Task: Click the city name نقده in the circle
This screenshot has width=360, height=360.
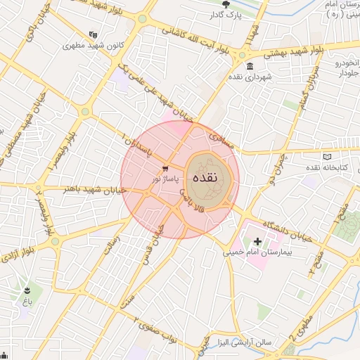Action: (x=210, y=178)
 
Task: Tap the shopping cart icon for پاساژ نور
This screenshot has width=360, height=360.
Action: (x=165, y=169)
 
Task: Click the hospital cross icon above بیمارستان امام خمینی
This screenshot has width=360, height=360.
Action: (x=257, y=241)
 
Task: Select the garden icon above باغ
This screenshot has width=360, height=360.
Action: (x=27, y=290)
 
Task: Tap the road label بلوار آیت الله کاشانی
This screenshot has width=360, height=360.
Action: (x=194, y=39)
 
